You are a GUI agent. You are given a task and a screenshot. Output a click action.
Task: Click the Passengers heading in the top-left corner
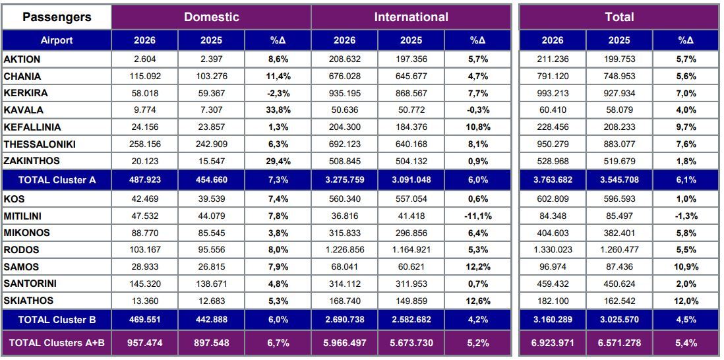(57, 18)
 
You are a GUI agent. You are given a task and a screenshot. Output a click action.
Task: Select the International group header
(411, 17)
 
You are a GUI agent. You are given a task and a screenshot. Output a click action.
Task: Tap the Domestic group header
(212, 17)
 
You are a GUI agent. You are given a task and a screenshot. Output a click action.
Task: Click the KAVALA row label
(24, 110)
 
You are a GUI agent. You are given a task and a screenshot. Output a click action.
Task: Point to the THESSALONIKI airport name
(40, 144)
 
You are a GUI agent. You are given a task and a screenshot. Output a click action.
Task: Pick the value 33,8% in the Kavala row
(278, 110)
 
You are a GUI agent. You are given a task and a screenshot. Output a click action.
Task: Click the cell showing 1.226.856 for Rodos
(344, 250)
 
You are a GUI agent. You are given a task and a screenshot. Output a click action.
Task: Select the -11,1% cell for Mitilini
(477, 216)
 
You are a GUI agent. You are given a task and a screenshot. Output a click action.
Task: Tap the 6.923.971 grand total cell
(553, 343)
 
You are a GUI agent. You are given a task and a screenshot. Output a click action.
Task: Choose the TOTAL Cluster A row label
(57, 180)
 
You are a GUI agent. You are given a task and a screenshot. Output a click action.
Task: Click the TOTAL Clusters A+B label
(57, 343)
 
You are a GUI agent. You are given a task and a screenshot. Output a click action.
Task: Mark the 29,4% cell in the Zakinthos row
(278, 161)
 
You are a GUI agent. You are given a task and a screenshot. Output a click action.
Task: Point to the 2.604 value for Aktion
(144, 59)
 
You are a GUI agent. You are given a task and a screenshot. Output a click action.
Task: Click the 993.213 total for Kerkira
(553, 93)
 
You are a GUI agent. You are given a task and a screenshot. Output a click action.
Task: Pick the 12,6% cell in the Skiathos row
(477, 301)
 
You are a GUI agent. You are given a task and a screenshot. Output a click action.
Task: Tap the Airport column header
(57, 40)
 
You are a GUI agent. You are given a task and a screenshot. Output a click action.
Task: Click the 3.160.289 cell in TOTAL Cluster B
(553, 319)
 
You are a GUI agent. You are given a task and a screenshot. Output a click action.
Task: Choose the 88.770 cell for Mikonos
(144, 233)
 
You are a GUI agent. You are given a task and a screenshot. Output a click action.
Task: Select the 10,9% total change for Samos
(687, 267)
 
